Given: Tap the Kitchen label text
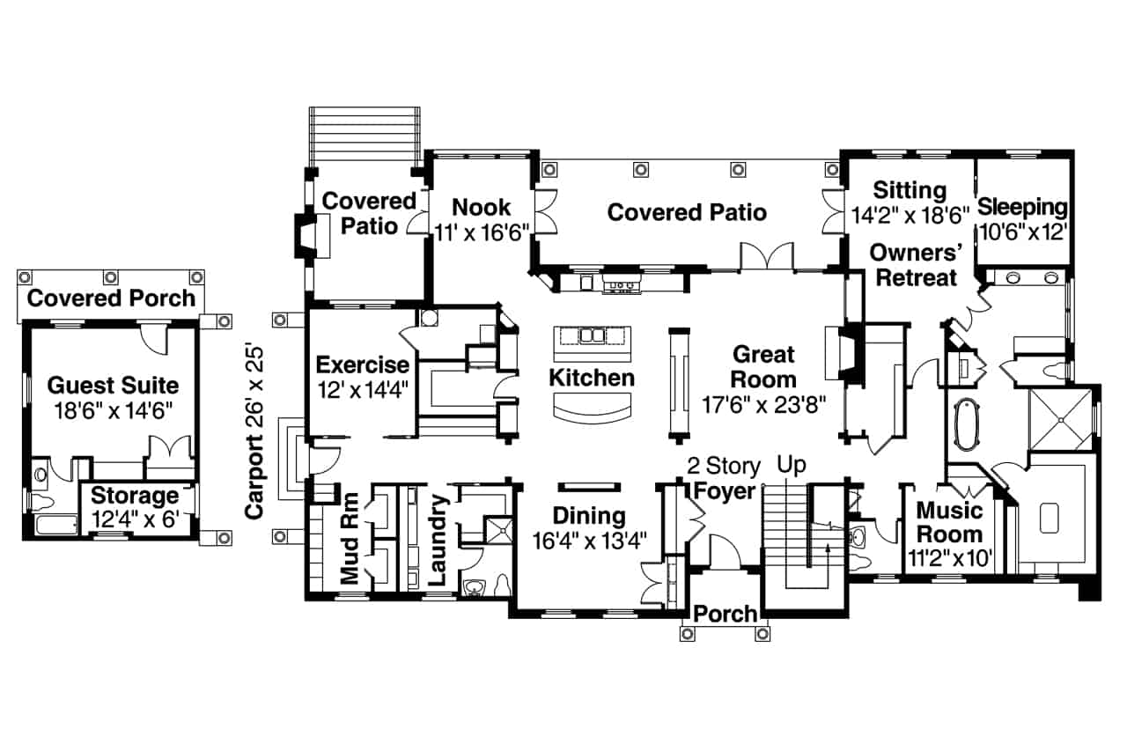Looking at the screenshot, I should (591, 379).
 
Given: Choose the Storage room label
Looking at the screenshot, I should (135, 495).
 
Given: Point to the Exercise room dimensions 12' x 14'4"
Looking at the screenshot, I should (362, 387).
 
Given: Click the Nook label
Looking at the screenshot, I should (481, 208).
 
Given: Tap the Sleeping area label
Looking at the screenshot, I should (1023, 209).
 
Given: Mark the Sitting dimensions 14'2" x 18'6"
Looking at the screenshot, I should (910, 213).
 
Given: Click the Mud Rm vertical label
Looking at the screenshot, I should (350, 541).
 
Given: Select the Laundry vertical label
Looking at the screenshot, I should (438, 541).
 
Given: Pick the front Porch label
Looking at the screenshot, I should (725, 614).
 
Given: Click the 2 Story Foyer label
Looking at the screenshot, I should (725, 477).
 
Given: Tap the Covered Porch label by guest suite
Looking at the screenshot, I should (111, 298).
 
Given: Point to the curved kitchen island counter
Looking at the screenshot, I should (592, 407).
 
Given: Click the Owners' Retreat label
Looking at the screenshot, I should (913, 265).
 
